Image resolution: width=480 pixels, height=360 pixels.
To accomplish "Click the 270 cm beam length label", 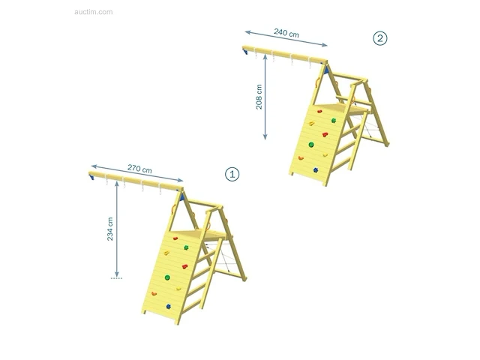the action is tap(139, 169).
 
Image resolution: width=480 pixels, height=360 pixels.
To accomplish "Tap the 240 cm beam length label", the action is tap(286, 33).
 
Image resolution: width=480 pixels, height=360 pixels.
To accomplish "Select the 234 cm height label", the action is tap(110, 229).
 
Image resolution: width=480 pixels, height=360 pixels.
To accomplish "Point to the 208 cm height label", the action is tap(259, 97).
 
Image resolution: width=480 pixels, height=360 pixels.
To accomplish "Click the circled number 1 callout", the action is tap(232, 175).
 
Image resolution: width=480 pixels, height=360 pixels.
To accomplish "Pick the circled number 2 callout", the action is tap(380, 38).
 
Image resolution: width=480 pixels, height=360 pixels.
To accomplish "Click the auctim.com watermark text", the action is tap(93, 12).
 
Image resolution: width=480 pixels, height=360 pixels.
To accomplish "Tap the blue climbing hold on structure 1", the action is tap(168, 307).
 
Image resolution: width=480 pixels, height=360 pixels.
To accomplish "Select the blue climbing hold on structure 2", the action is tap(316, 170).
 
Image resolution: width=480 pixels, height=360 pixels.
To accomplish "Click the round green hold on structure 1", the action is tap(167, 277).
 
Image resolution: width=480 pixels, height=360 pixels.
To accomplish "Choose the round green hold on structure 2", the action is tap(311, 145).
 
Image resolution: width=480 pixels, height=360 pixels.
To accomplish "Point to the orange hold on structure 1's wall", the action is tap(154, 294).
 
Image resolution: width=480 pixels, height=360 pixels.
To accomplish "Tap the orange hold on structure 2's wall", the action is tap(301, 158).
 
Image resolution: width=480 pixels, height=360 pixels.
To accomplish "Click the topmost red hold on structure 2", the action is tap(319, 112).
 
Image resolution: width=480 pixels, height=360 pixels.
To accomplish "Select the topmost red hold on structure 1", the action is tap(175, 238).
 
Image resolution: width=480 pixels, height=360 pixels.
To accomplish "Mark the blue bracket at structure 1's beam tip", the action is tap(91, 177).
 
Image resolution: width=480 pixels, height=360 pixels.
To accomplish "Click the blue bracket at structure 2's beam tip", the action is tap(245, 51).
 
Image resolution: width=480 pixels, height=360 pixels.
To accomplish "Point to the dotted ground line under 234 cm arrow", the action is tap(116, 278).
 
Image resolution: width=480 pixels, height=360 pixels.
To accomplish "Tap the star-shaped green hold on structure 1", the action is tap(186, 247).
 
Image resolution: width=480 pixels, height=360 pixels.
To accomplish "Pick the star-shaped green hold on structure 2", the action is tap(334, 121).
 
